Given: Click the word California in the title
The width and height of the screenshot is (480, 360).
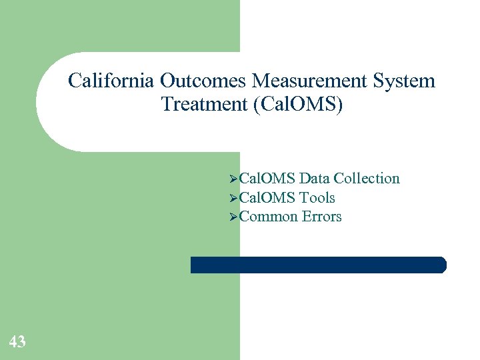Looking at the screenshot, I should tap(111, 81).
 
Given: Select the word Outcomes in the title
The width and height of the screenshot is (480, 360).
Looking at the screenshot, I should tap(203, 81).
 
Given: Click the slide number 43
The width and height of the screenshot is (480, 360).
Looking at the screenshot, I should tap(17, 342).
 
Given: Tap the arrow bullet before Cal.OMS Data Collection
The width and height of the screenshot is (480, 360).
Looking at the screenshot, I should tap(233, 179).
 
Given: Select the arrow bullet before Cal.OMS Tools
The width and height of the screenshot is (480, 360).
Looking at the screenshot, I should tap(233, 198).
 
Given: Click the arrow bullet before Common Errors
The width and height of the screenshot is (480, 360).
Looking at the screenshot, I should tap(233, 217).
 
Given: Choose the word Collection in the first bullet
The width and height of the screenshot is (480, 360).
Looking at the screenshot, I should tap(367, 179).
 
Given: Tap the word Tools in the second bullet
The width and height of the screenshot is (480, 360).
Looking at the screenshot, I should tap(317, 198).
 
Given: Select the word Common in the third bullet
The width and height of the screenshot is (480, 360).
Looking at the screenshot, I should tap(268, 217).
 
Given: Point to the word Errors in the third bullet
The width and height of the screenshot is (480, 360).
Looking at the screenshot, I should tap(321, 217).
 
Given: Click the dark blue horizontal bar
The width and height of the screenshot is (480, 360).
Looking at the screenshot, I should tap(318, 265).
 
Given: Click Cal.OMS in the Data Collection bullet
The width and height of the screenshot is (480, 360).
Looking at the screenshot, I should tap(267, 179).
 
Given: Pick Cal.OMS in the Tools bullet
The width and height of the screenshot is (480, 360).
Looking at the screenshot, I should tap(267, 198).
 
